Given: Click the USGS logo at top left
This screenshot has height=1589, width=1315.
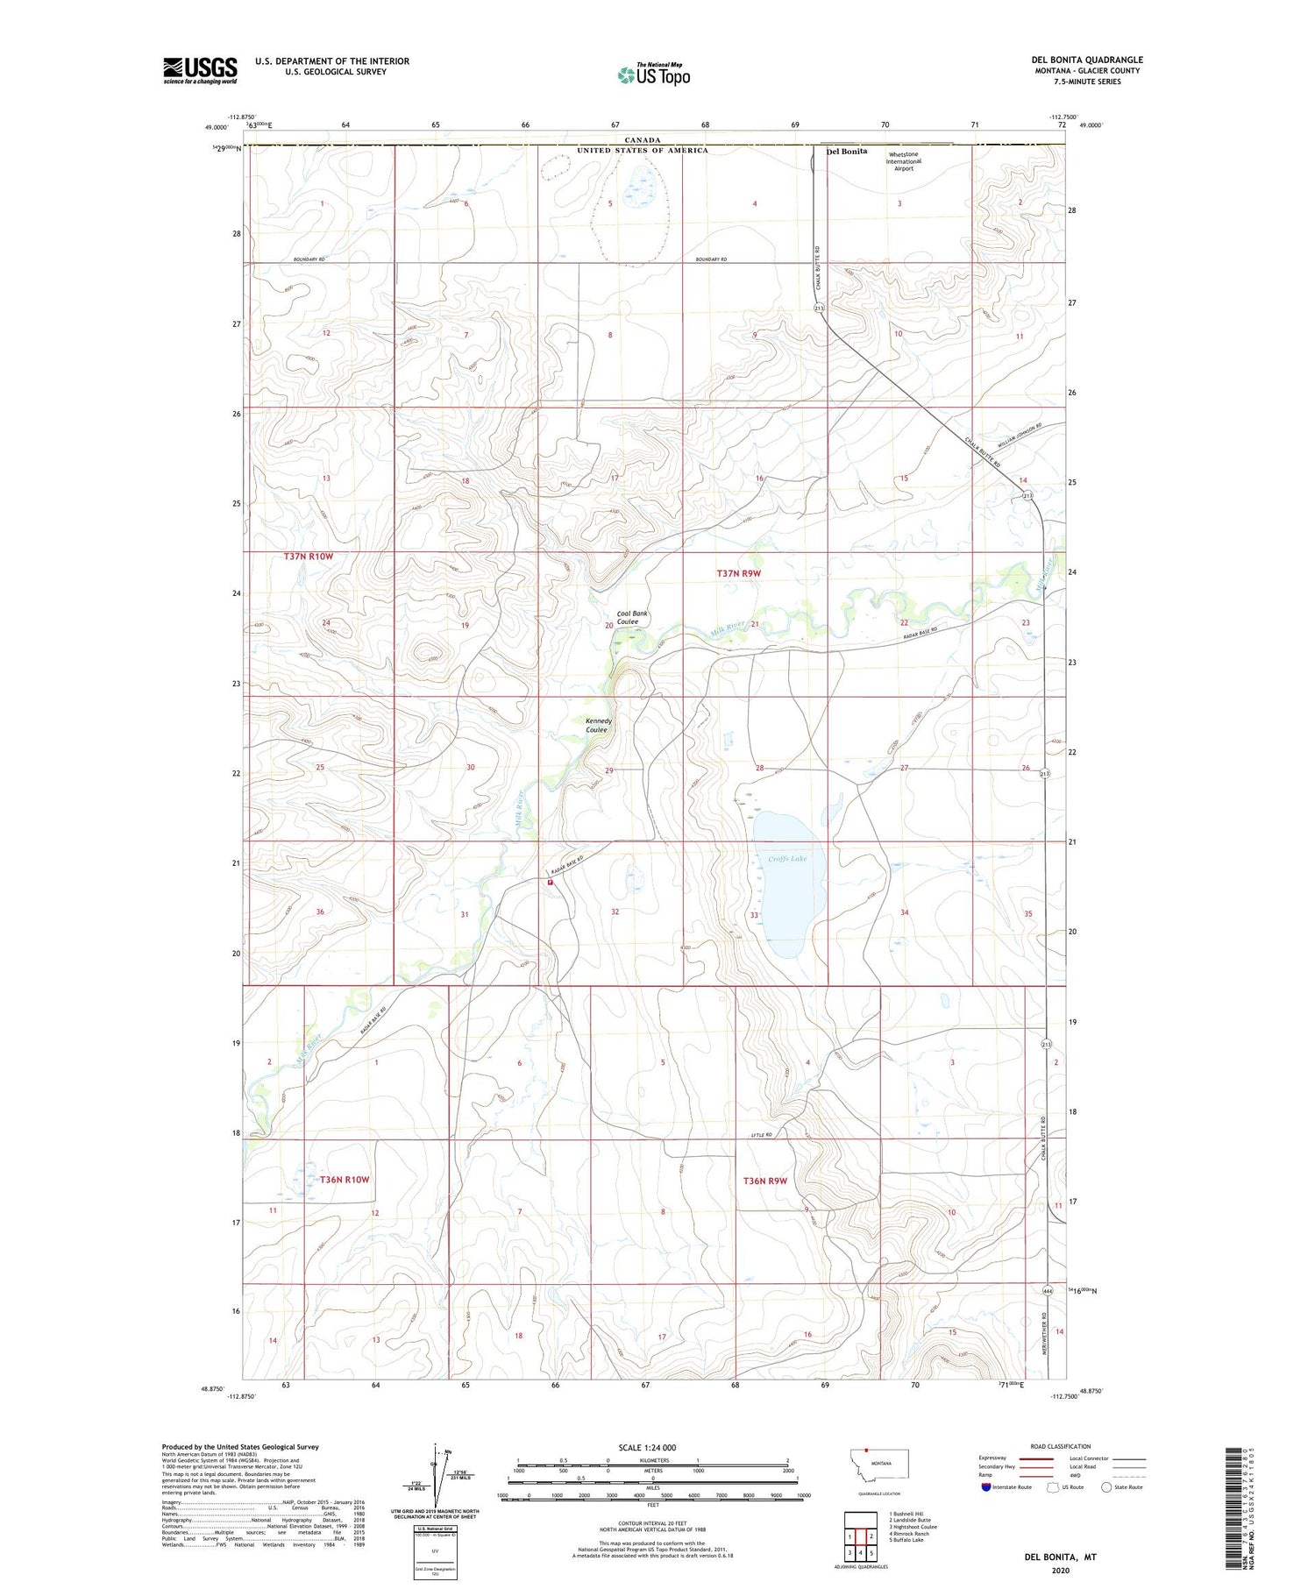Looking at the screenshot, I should (x=200, y=70).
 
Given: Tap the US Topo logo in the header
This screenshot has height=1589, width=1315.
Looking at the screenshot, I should (x=654, y=75).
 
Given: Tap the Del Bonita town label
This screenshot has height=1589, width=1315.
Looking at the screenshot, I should (x=846, y=151).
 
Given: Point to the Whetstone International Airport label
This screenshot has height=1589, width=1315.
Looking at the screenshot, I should (x=903, y=161).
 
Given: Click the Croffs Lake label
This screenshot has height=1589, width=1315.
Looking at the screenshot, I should (x=787, y=859).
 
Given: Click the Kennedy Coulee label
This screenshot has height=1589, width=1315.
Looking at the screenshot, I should (x=597, y=725).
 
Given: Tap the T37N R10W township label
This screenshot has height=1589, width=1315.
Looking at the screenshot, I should (x=309, y=557).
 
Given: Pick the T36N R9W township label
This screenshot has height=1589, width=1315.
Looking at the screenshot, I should (x=765, y=1181).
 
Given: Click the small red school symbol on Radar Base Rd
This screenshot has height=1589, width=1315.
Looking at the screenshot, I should (x=551, y=883).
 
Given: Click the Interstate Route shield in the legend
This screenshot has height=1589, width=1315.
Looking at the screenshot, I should (x=986, y=1486).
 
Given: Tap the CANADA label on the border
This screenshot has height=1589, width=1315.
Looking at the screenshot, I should (x=642, y=140).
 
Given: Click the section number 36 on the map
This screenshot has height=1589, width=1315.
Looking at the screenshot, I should (x=320, y=912).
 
